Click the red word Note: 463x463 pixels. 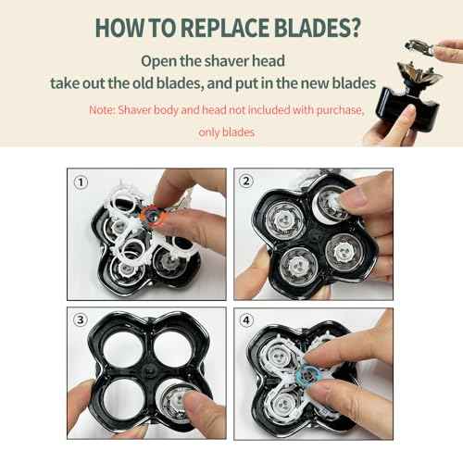102,109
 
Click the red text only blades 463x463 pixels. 231,132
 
